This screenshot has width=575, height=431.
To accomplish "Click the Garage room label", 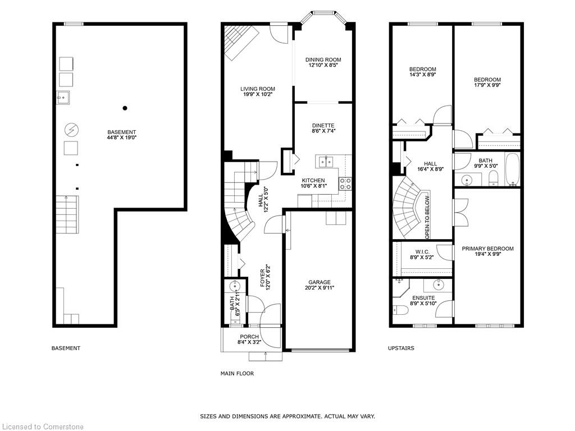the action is [320, 282].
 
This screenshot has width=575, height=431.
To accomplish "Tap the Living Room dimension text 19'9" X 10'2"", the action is [258, 94].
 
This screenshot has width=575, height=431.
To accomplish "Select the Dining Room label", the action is [323, 59].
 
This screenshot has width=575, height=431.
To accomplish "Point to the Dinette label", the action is [323, 125].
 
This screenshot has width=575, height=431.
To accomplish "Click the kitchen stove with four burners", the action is [345, 184].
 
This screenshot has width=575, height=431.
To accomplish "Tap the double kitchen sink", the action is [326, 161].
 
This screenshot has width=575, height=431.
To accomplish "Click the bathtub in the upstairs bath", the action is [512, 169].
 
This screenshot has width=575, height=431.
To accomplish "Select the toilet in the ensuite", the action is [400, 310].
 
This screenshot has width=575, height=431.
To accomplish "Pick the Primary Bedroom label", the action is [487, 249].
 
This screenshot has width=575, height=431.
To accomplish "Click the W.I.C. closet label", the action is [422, 252].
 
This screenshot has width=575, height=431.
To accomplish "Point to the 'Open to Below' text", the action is [427, 218].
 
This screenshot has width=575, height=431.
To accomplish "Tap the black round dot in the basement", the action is [125, 108].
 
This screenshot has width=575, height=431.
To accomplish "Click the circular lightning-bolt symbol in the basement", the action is [71, 130].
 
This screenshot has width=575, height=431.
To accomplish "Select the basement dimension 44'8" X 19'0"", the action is [122, 137].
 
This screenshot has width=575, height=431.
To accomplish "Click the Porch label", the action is [249, 337].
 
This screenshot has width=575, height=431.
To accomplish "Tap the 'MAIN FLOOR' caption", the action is [238, 373].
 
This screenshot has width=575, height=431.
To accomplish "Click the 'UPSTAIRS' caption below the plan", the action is [401, 348].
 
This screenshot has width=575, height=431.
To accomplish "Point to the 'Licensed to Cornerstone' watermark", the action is [42, 427].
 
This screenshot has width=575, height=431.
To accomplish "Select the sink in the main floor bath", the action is [234, 286].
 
